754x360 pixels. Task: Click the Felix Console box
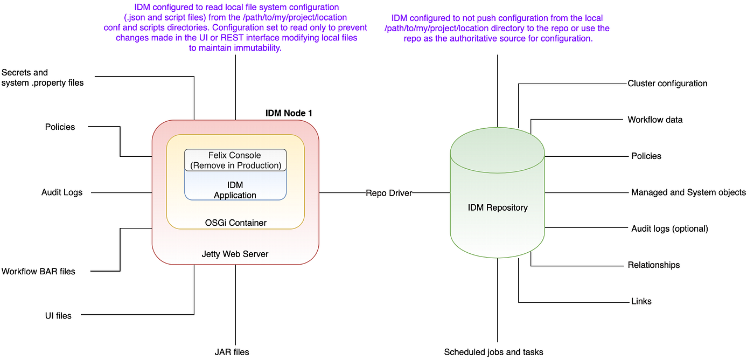[x=235, y=160]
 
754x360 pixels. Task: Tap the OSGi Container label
[x=235, y=223]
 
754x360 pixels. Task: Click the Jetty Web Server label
[x=235, y=254]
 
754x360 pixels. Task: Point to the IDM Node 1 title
[x=289, y=113]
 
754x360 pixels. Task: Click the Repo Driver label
[x=389, y=192]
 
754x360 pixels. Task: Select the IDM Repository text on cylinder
[x=498, y=207]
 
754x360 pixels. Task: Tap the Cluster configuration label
[x=667, y=84]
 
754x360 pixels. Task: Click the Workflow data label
[x=655, y=120]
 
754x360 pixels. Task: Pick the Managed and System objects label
[x=688, y=192]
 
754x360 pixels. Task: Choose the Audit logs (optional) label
[x=669, y=229]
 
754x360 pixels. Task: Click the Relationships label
[x=653, y=265]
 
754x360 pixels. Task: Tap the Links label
[x=641, y=301]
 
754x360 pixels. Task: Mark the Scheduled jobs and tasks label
[x=493, y=352]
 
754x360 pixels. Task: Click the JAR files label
[x=232, y=352]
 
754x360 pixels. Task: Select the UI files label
[x=58, y=315]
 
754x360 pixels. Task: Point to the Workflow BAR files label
[x=38, y=271]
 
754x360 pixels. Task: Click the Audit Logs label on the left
[x=62, y=192]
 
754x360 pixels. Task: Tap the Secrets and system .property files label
[x=42, y=78]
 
